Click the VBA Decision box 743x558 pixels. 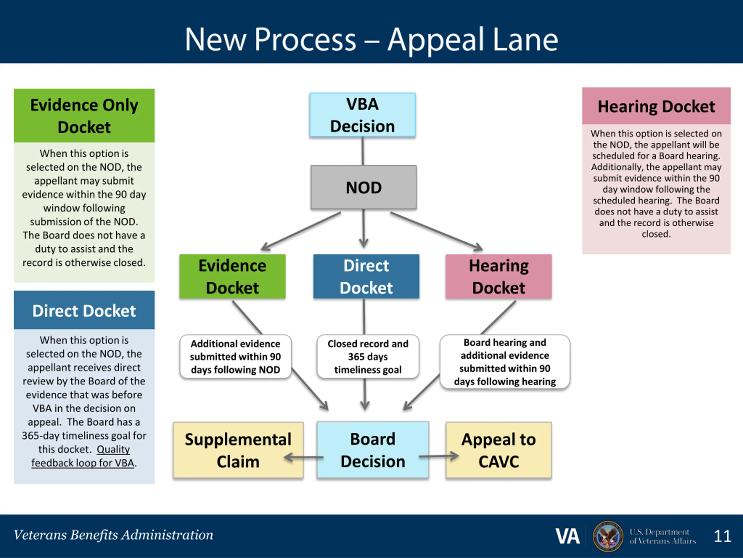pyautogui.click(x=363, y=115)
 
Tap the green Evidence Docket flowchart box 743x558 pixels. pyautogui.click(x=232, y=276)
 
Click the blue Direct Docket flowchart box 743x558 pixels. pyautogui.click(x=366, y=276)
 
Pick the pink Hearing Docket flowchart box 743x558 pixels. pyautogui.click(x=498, y=276)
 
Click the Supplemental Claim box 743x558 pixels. pyautogui.click(x=238, y=450)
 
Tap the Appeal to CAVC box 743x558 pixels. pyautogui.click(x=498, y=450)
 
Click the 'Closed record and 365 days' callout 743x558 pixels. pyautogui.click(x=368, y=357)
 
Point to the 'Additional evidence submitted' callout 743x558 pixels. pyautogui.click(x=235, y=357)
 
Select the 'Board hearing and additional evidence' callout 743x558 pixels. pyautogui.click(x=505, y=362)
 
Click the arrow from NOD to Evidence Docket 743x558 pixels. pyautogui.click(x=301, y=231)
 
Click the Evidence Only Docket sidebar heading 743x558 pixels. pyautogui.click(x=84, y=115)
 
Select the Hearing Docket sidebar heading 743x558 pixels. pyautogui.click(x=656, y=106)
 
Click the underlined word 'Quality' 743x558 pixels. pyautogui.click(x=113, y=449)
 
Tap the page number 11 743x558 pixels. pyautogui.click(x=722, y=536)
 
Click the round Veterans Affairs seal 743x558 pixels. pyautogui.click(x=608, y=536)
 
